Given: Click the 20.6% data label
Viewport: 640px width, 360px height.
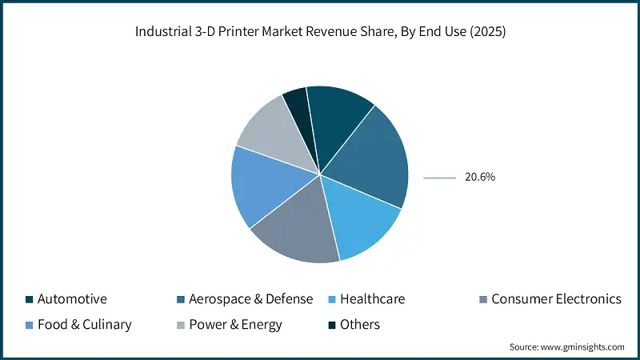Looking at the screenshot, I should pos(480,178).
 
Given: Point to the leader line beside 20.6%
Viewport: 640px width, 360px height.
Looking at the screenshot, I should pos(439,178).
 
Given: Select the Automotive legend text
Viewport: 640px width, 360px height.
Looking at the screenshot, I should pos(72,299).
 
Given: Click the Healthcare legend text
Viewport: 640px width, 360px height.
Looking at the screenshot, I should pos(372,299).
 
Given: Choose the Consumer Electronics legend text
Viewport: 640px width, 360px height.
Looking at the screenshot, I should pos(556,299).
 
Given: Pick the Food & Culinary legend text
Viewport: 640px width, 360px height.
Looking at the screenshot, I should pos(84,325).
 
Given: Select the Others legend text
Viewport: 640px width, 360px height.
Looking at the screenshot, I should pos(360,325).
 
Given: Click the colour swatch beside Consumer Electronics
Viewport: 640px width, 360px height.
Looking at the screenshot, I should pos(482,299).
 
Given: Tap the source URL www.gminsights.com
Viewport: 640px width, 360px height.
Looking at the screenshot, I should pos(581,347).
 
